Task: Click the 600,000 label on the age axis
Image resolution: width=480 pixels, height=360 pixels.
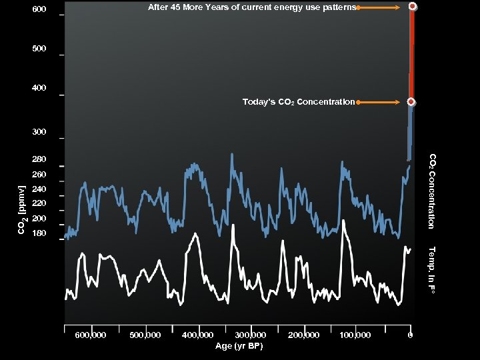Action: pyautogui.click(x=91, y=335)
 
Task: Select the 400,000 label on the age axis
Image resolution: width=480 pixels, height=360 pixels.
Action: pyautogui.click(x=197, y=335)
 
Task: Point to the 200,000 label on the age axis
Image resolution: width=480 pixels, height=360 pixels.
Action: pyautogui.click(x=303, y=335)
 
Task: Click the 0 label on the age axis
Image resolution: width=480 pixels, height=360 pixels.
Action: pyautogui.click(x=411, y=335)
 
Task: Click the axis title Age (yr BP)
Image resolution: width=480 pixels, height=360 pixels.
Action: pyautogui.click(x=239, y=346)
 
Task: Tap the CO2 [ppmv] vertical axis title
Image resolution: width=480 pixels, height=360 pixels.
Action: pyautogui.click(x=21, y=210)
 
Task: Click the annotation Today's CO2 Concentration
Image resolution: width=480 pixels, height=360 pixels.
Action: pyautogui.click(x=298, y=102)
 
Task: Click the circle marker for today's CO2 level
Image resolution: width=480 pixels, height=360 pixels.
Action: pyautogui.click(x=411, y=102)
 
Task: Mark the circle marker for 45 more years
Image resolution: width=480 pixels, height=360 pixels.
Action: pyautogui.click(x=413, y=7)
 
